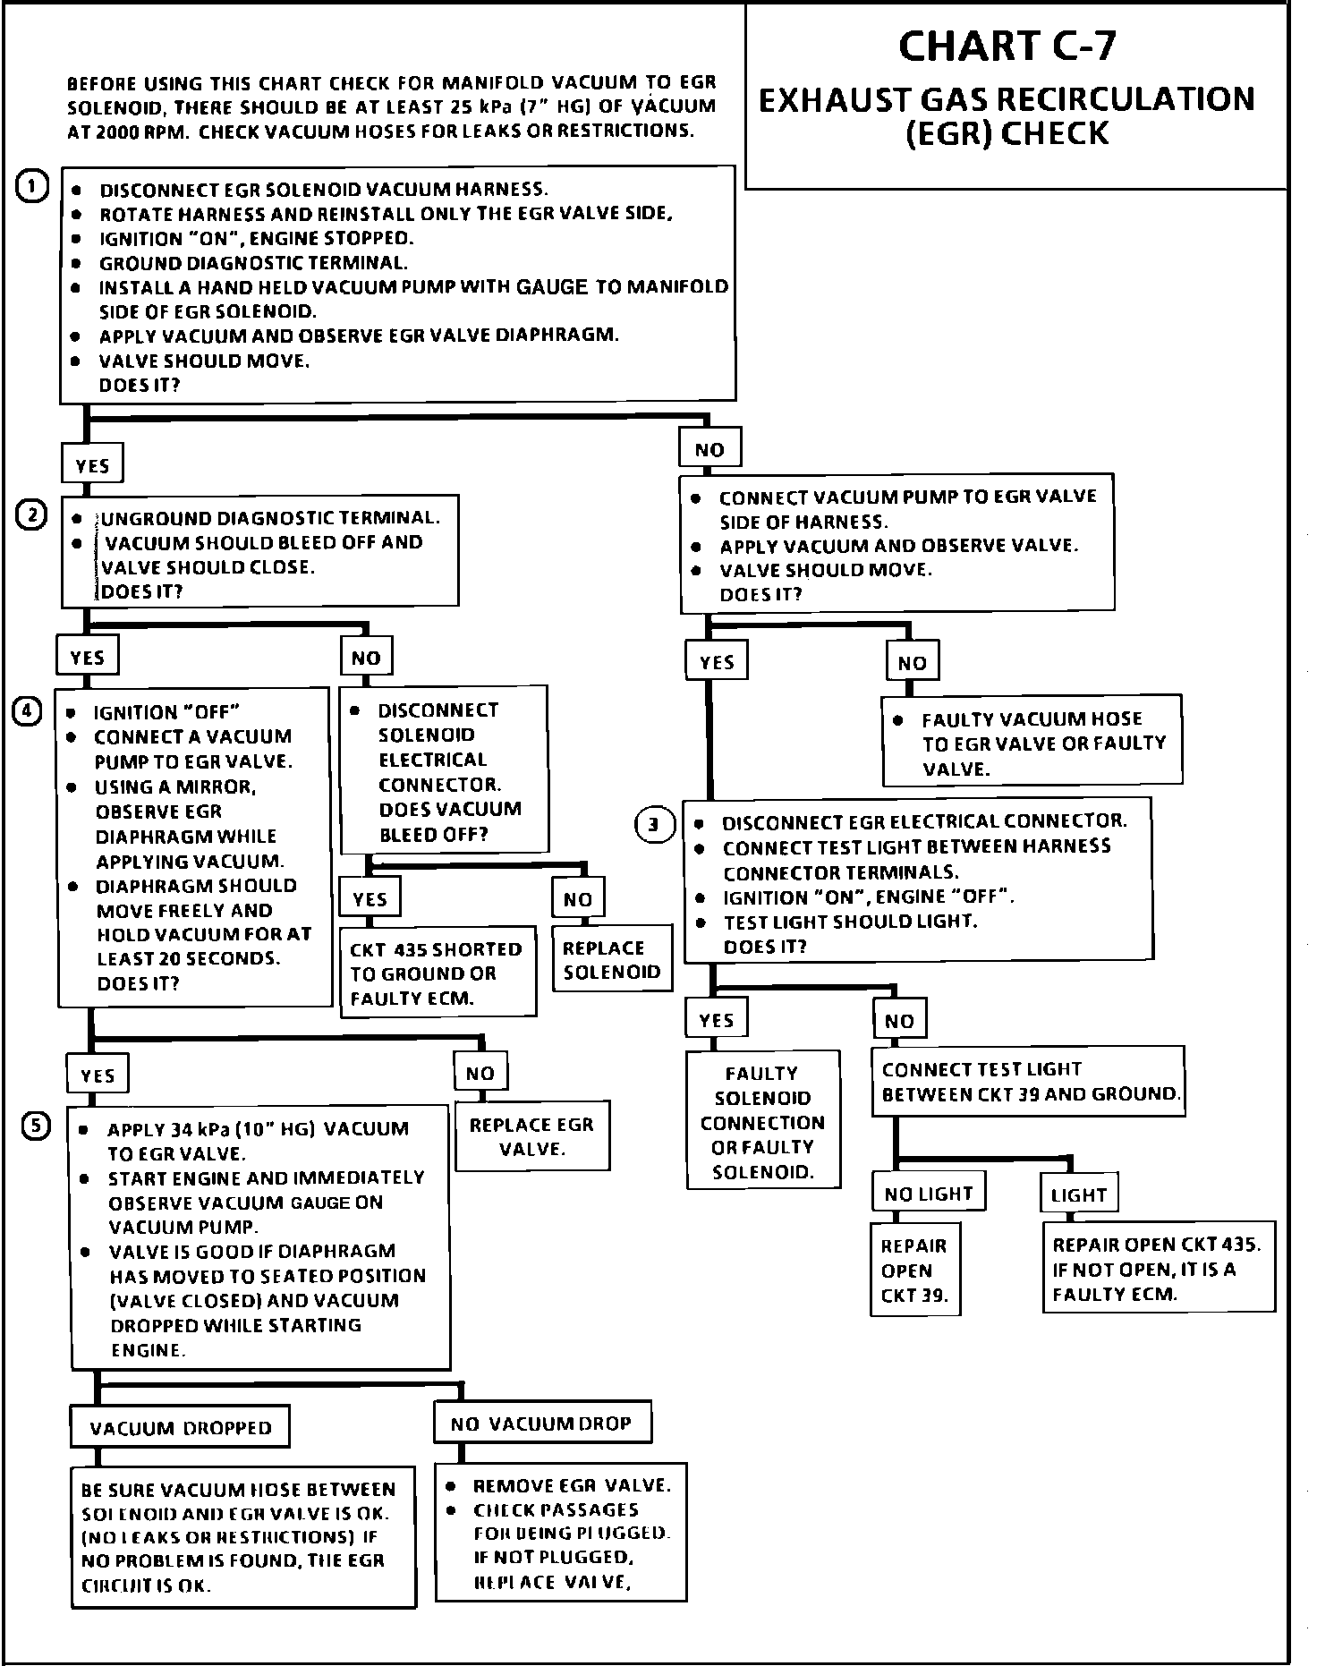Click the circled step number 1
(33, 188)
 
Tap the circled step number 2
(32, 516)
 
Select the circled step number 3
(655, 824)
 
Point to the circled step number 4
(27, 711)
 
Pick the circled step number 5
(36, 1126)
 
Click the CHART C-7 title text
(1007, 47)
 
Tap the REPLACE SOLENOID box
(612, 960)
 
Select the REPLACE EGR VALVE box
(532, 1136)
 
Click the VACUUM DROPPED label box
(180, 1427)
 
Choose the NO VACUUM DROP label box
(542, 1423)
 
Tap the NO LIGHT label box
(928, 1194)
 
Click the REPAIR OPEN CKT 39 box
(914, 1270)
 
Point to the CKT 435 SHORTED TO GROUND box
(437, 973)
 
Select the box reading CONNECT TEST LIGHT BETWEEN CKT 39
(1028, 1082)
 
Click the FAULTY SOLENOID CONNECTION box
(763, 1122)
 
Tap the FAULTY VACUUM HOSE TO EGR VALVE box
(1032, 743)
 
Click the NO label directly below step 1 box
(709, 449)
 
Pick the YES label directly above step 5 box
(98, 1075)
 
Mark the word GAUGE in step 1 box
(552, 287)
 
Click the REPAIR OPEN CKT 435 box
(1158, 1269)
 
